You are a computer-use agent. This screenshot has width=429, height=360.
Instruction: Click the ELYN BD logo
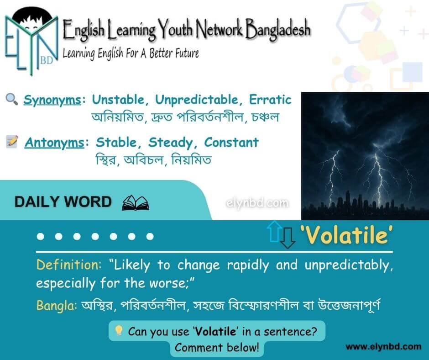tap(31, 41)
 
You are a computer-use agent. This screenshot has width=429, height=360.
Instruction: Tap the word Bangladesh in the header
tap(277, 29)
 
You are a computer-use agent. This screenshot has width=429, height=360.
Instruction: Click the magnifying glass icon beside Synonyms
tap(12, 99)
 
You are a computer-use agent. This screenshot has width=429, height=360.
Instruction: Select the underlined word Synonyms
tap(52, 100)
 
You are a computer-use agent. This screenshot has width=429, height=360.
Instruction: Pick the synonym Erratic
tap(270, 100)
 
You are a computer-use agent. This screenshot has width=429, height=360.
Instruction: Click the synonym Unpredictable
tap(196, 100)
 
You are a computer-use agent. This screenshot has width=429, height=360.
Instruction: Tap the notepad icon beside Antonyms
tap(12, 142)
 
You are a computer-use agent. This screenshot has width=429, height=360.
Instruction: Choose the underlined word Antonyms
tap(54, 143)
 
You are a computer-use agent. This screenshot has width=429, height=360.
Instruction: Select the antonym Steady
tap(170, 143)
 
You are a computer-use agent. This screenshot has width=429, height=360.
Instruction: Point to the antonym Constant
tap(231, 143)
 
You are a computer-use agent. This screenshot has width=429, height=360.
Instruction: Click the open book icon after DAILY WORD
tap(136, 203)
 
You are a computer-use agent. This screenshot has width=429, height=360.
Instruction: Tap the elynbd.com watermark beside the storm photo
tap(257, 203)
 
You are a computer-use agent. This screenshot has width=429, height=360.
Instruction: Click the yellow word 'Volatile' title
tap(347, 235)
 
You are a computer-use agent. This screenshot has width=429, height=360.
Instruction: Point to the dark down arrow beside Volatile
tap(288, 238)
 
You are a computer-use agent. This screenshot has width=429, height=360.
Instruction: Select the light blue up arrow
tap(276, 232)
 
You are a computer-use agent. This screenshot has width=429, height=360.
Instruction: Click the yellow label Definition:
tap(68, 265)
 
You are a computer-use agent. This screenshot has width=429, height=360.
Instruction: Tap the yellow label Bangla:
tap(56, 305)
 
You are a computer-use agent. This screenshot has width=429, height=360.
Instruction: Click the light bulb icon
tap(119, 331)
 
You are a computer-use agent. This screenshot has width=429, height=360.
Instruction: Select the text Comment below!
tap(217, 347)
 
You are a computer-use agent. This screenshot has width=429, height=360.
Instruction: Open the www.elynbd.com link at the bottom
tap(383, 347)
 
